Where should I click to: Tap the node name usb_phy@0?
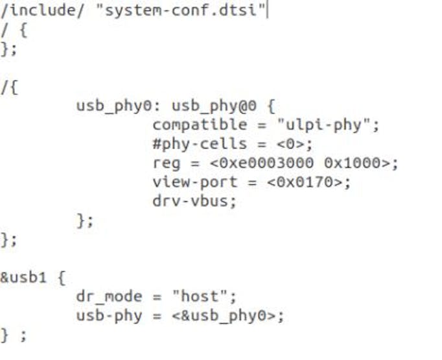pyautogui.click(x=218, y=106)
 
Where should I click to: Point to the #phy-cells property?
pyautogui.click(x=200, y=143)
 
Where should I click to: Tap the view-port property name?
pyautogui.click(x=195, y=182)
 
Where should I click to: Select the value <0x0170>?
pyautogui.click(x=308, y=182)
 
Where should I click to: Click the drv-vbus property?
pyautogui.click(x=194, y=201)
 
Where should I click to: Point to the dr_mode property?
pyautogui.click(x=109, y=297)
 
